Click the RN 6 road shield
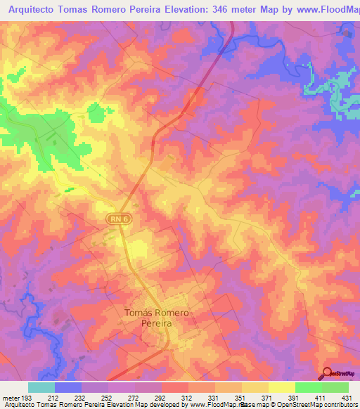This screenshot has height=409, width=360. (x=120, y=220)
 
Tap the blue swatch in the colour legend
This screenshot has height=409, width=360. (x=68, y=387)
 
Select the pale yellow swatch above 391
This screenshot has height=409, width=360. (x=281, y=387)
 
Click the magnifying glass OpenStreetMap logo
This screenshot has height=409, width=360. (x=328, y=373)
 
